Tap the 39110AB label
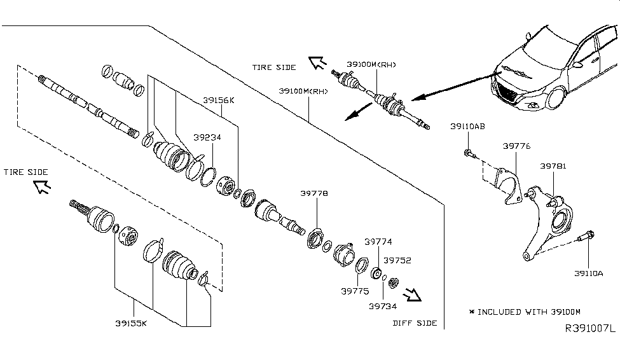tap(467, 127)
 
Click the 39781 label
tap(553, 166)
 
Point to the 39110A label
tap(588, 273)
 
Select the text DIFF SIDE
tap(415, 323)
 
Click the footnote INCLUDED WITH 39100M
tap(525, 312)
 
